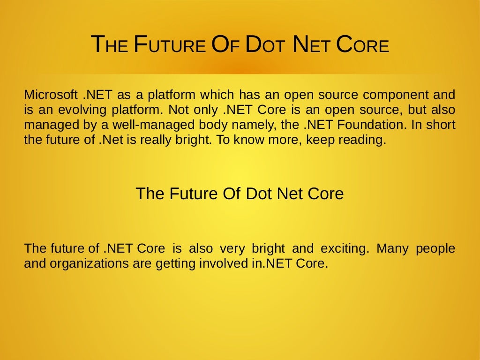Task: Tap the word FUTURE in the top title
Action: (x=169, y=45)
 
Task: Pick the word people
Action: (x=435, y=248)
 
